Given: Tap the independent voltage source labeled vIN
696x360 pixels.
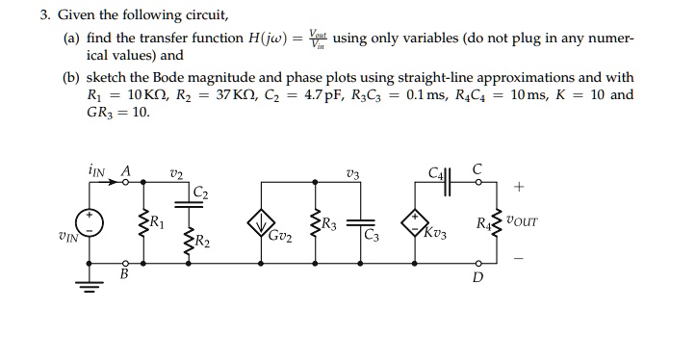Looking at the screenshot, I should tap(93, 224).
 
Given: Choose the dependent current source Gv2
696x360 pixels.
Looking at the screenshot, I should tap(260, 224).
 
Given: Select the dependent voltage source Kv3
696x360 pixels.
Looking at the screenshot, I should tap(417, 224).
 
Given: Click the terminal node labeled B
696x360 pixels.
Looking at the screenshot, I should tap(125, 265).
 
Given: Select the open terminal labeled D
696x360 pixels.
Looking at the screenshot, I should tap(478, 265).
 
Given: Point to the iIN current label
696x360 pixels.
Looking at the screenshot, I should tap(95, 167).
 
